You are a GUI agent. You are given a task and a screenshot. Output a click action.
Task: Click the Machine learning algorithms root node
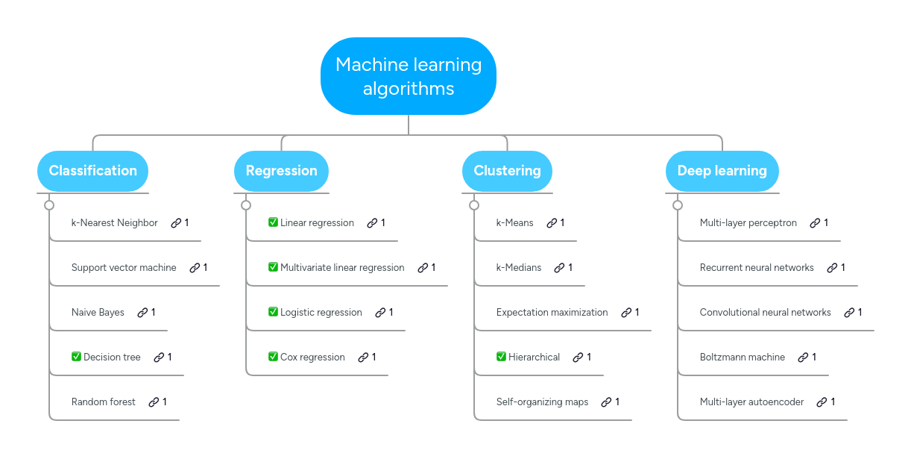click(x=409, y=76)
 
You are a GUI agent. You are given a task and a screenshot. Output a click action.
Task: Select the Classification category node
click(x=93, y=171)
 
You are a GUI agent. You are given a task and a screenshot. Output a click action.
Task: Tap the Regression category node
click(x=281, y=171)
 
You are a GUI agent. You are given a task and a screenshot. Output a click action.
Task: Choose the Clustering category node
click(x=507, y=171)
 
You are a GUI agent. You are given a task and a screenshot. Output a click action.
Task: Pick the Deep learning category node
click(x=722, y=171)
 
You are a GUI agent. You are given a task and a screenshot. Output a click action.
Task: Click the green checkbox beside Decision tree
click(x=76, y=357)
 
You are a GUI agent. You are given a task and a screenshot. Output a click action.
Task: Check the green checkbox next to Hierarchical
click(x=501, y=357)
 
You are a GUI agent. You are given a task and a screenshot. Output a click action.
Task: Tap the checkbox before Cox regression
click(x=273, y=357)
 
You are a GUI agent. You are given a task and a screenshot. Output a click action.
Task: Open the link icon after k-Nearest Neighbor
click(x=176, y=222)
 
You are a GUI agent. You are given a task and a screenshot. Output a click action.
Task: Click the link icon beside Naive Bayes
click(x=142, y=312)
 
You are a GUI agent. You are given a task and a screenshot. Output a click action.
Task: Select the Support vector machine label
click(x=124, y=267)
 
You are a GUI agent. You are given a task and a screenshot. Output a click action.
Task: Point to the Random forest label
click(x=104, y=402)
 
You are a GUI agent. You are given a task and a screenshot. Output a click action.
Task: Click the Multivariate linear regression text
click(x=342, y=267)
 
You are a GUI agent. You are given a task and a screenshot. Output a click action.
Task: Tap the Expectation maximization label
click(x=552, y=312)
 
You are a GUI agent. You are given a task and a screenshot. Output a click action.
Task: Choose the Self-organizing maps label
click(x=542, y=402)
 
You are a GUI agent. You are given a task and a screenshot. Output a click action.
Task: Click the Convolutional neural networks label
click(x=765, y=312)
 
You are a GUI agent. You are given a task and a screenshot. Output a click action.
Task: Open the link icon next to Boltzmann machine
click(x=803, y=357)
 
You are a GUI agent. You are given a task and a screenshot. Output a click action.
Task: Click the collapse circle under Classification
click(x=49, y=205)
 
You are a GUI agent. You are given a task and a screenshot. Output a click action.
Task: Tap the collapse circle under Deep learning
click(x=678, y=205)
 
